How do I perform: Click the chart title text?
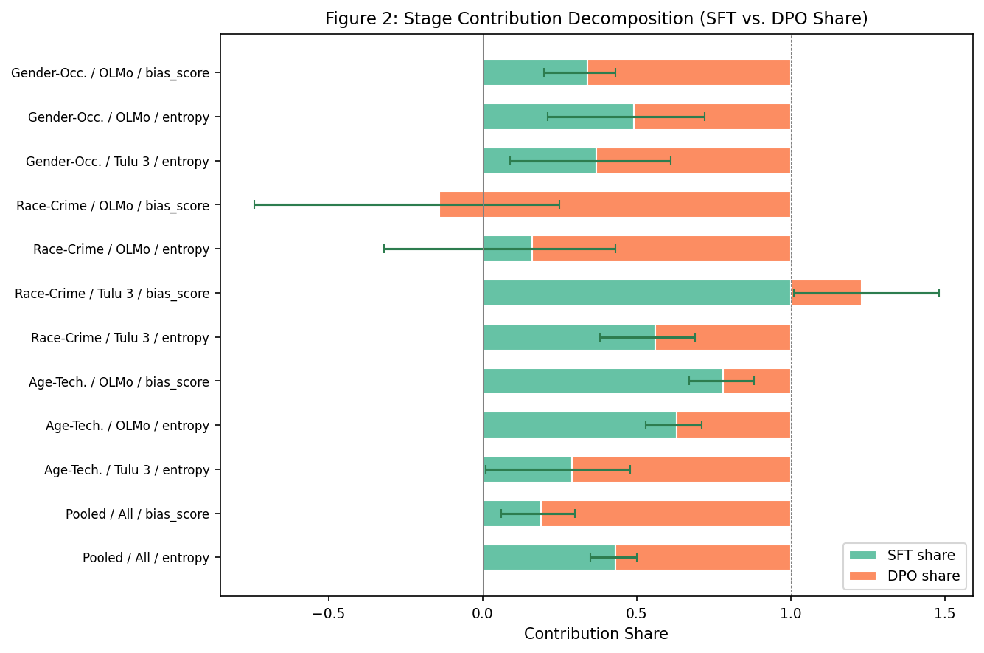click(x=596, y=19)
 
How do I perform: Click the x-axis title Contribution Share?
click(x=596, y=634)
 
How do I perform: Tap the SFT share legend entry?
click(x=921, y=556)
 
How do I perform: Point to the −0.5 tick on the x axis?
click(x=328, y=614)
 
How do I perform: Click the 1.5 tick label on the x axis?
click(x=945, y=614)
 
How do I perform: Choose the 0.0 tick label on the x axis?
click(x=482, y=614)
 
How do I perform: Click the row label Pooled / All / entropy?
click(x=146, y=558)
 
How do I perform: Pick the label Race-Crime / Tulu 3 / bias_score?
click(x=112, y=294)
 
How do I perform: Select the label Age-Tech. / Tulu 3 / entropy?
click(x=127, y=470)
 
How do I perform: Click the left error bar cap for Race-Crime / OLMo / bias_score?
click(x=254, y=204)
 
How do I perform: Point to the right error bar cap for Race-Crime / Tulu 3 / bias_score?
click(x=938, y=294)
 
